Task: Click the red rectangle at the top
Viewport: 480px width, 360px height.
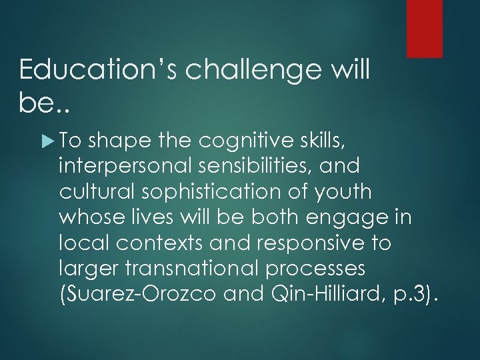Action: click(425, 28)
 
